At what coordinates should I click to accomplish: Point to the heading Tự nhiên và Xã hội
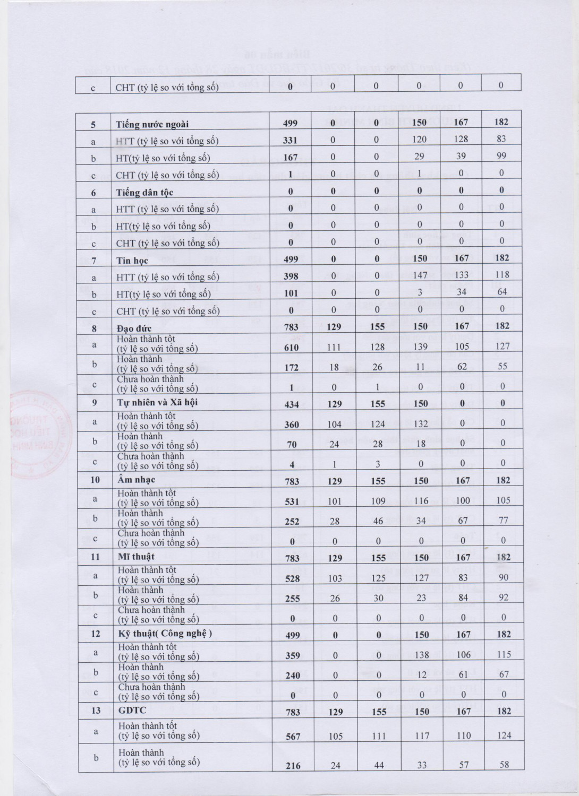click(x=157, y=402)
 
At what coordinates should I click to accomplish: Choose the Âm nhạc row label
click(x=137, y=480)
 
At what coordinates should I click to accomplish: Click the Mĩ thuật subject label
click(x=136, y=557)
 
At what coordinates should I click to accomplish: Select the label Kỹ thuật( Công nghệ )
click(x=165, y=634)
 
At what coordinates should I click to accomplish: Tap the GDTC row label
click(x=131, y=711)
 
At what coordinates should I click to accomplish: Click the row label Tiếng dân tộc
click(x=144, y=193)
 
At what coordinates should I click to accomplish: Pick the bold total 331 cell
click(x=291, y=141)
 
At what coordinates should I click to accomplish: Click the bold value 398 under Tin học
click(x=291, y=276)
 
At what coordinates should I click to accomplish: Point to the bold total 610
click(x=292, y=348)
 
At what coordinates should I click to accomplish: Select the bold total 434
click(x=292, y=404)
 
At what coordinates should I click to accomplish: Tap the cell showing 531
click(x=292, y=501)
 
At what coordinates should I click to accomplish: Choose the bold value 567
click(x=293, y=737)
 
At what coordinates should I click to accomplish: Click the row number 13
click(x=96, y=711)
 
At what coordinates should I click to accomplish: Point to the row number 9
click(x=95, y=402)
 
